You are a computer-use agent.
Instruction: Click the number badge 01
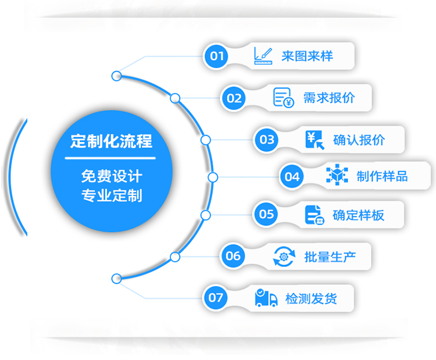point(217,56)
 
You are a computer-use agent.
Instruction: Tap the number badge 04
point(292,177)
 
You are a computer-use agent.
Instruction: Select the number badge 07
point(216,298)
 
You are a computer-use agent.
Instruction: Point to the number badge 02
point(234,98)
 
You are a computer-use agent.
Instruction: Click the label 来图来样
point(307,56)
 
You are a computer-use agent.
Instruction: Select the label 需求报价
point(329,98)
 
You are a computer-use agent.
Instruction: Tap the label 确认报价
point(359,140)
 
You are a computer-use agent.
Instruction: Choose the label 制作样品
point(382,177)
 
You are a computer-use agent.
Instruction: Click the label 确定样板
point(358,215)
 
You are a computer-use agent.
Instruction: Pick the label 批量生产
point(329,256)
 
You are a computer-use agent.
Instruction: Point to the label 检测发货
point(311,299)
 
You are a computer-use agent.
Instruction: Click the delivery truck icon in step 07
point(266,298)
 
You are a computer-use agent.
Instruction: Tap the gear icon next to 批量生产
point(284,256)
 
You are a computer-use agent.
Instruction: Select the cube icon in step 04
point(337,176)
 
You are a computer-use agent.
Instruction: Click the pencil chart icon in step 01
point(263,56)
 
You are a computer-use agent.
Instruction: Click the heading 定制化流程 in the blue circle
point(110,141)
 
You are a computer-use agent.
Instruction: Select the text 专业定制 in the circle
point(111,195)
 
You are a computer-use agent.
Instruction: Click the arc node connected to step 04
point(213,177)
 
